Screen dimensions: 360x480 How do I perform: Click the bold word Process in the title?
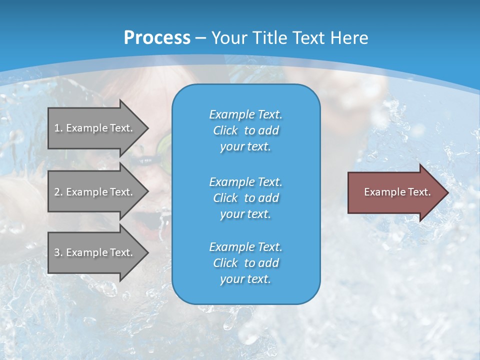pos(157,38)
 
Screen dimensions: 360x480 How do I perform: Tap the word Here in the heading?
pos(350,38)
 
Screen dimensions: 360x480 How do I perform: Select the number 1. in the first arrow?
pos(58,128)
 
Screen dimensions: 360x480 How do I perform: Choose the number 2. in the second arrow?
pos(58,192)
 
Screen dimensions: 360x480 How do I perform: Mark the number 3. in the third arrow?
pos(58,252)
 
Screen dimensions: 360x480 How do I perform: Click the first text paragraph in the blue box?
pos(245,130)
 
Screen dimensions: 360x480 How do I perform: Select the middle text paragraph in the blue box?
pos(245,198)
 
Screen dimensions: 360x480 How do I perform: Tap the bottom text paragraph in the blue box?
pos(245,263)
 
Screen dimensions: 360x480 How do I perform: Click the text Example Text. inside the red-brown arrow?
pos(397,192)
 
